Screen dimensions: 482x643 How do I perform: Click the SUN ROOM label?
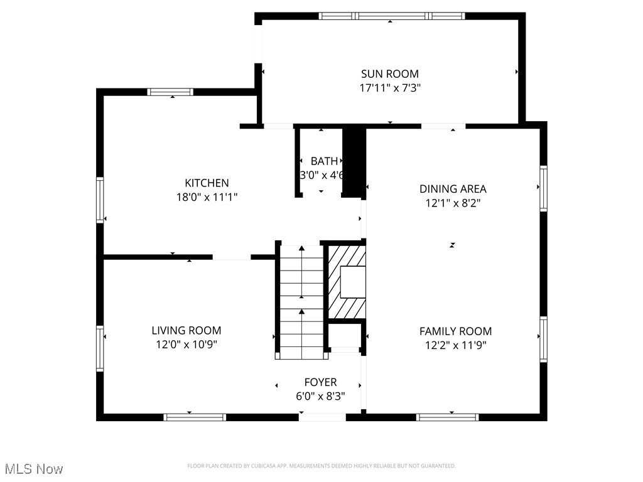point(389,74)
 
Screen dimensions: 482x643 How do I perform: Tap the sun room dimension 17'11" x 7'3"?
point(389,88)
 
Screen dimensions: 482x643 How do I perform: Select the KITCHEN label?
point(207,183)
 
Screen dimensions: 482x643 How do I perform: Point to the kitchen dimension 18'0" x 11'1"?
point(207,197)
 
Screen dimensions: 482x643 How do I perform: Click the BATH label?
point(324,161)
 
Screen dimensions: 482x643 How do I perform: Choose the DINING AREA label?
point(453,189)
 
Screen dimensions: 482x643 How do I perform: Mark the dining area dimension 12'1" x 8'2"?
point(453,203)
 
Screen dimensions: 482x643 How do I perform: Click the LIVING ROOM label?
point(186,331)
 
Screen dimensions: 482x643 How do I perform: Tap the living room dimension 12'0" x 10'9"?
point(186,345)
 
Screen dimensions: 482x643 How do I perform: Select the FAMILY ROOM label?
point(456,331)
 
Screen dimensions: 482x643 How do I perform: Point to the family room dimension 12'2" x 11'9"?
point(456,345)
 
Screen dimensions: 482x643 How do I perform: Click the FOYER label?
point(320,382)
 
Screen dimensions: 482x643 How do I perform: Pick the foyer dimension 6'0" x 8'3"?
point(320,396)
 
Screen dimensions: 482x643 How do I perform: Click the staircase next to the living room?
point(301,301)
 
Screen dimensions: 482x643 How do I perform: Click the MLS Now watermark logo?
point(34,469)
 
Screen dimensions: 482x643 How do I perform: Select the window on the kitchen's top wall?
point(170,92)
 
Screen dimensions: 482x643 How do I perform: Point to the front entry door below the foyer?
point(322,417)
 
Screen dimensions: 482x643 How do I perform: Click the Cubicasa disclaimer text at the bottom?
point(321,466)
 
